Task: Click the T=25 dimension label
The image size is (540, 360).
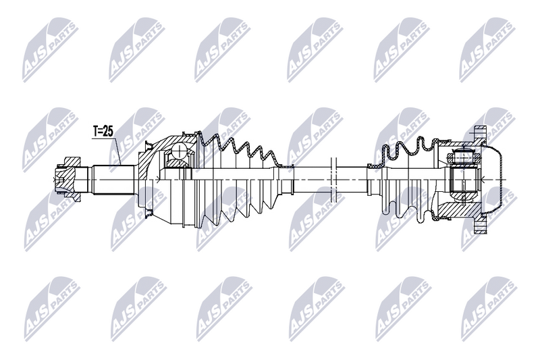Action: [102, 132]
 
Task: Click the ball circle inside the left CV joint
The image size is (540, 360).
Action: [180, 151]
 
